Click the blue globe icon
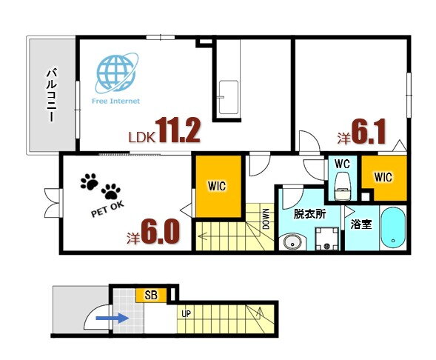coord(116,73)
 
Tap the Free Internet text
coord(115,101)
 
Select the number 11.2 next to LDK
coord(178,130)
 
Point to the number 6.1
coord(369,131)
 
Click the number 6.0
coord(161,231)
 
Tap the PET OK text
coord(107,209)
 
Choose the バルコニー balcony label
coord(52,95)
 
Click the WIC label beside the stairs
coord(217,186)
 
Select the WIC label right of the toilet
coord(383,177)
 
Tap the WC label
coord(342,164)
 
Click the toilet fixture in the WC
coord(343,186)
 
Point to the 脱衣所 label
coord(309,214)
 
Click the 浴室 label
coord(361,224)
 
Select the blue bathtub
coord(392,227)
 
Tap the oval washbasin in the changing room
coord(292,243)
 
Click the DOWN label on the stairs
coord(266,219)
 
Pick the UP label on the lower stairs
coord(187,314)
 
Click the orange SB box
coord(151,295)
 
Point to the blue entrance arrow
coord(112,318)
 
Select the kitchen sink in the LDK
coord(229,97)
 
